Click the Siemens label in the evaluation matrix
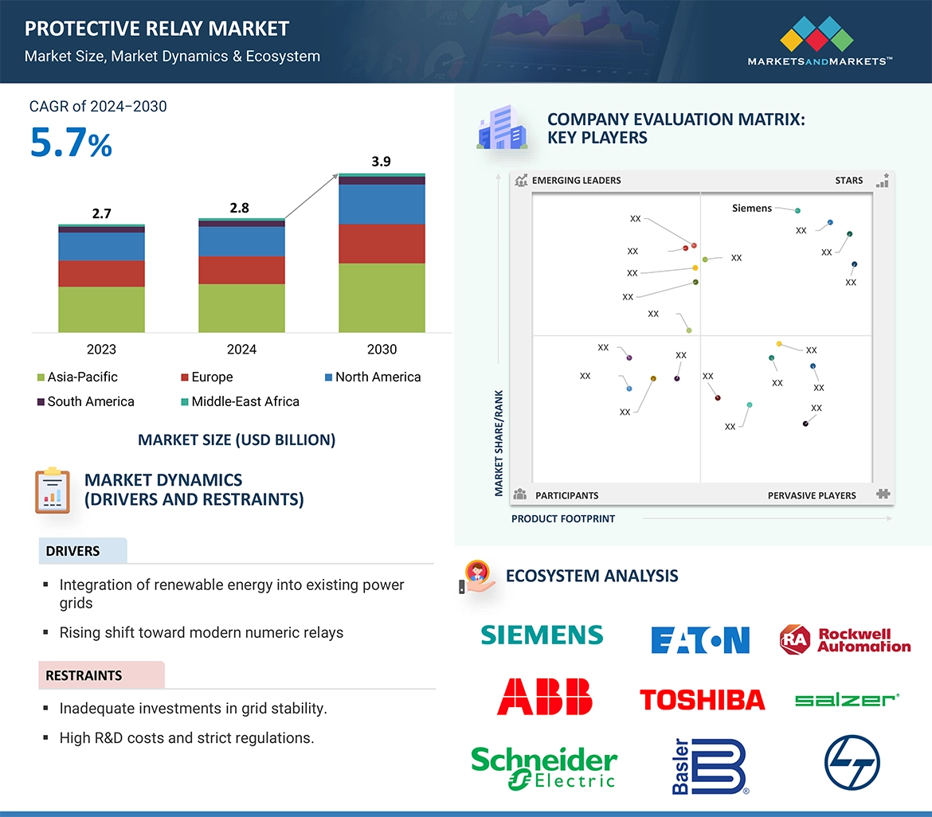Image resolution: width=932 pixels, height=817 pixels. point(752,209)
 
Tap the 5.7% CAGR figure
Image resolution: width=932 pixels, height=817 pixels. point(71,143)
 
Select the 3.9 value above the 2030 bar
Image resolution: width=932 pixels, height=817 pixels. point(382,162)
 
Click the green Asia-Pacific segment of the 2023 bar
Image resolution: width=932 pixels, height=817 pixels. point(101,309)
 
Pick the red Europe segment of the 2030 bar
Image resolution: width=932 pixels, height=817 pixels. point(382,244)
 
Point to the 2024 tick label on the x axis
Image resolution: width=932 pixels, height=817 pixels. point(241,350)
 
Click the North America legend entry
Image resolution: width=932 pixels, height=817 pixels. point(378,377)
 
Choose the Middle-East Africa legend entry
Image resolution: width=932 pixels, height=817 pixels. point(245,402)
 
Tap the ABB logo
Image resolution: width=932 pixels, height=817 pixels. point(545,697)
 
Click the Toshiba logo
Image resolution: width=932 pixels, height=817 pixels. point(702,700)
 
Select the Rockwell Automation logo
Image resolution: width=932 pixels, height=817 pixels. point(845,639)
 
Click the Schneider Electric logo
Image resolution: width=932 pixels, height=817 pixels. point(544,768)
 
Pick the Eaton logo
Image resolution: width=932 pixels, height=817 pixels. point(700,639)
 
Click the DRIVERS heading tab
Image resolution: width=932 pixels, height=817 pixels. point(72,551)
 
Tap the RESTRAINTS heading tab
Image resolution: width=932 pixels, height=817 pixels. point(84,676)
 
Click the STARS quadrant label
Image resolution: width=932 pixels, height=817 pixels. point(849,181)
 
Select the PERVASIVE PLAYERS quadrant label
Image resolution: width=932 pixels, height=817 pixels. point(812,495)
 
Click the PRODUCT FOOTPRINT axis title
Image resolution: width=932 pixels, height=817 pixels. point(563,518)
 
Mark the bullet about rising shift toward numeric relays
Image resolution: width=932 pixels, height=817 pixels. point(202,633)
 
